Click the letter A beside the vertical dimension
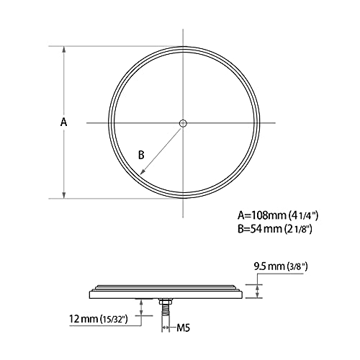[x=63, y=122]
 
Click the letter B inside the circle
[x=141, y=155]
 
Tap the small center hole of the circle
[x=183, y=123]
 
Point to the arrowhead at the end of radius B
[x=143, y=171]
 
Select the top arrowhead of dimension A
[x=64, y=50]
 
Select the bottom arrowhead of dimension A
[x=64, y=195]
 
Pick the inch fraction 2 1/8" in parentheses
[x=298, y=230]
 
